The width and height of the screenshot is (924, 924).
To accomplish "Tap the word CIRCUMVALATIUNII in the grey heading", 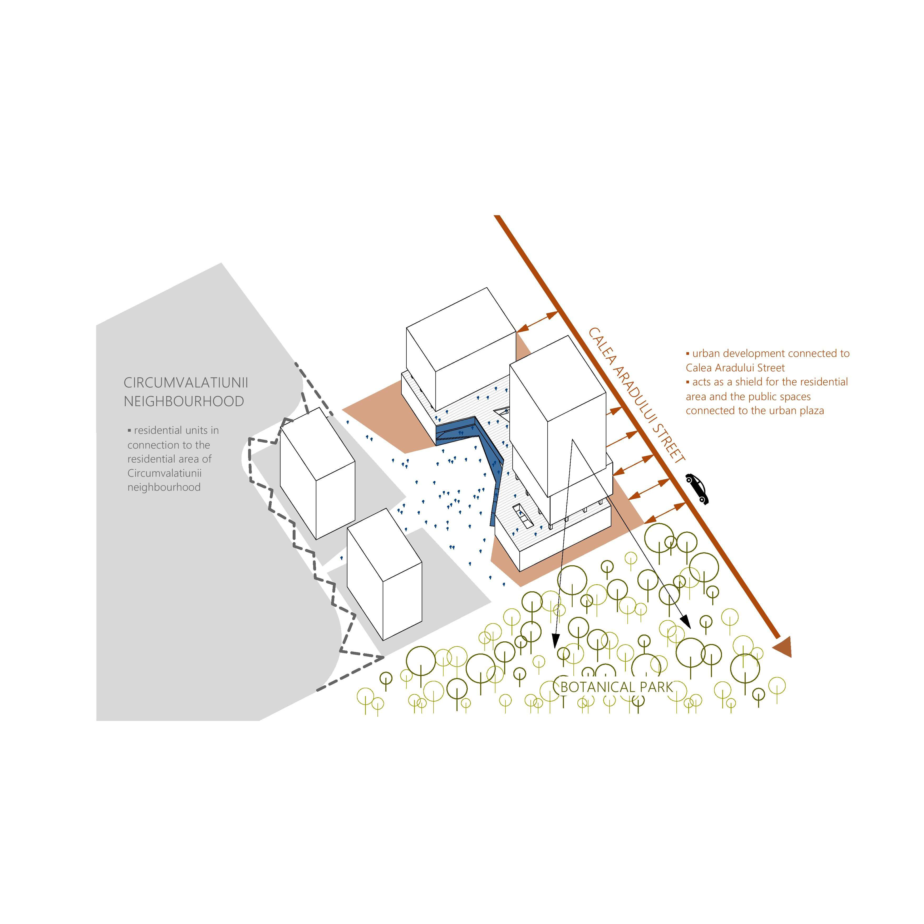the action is coord(186,383).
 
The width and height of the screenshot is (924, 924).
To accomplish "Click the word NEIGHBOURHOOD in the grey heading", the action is coord(184,401).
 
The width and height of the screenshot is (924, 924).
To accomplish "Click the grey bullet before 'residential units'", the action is coord(129,430).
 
